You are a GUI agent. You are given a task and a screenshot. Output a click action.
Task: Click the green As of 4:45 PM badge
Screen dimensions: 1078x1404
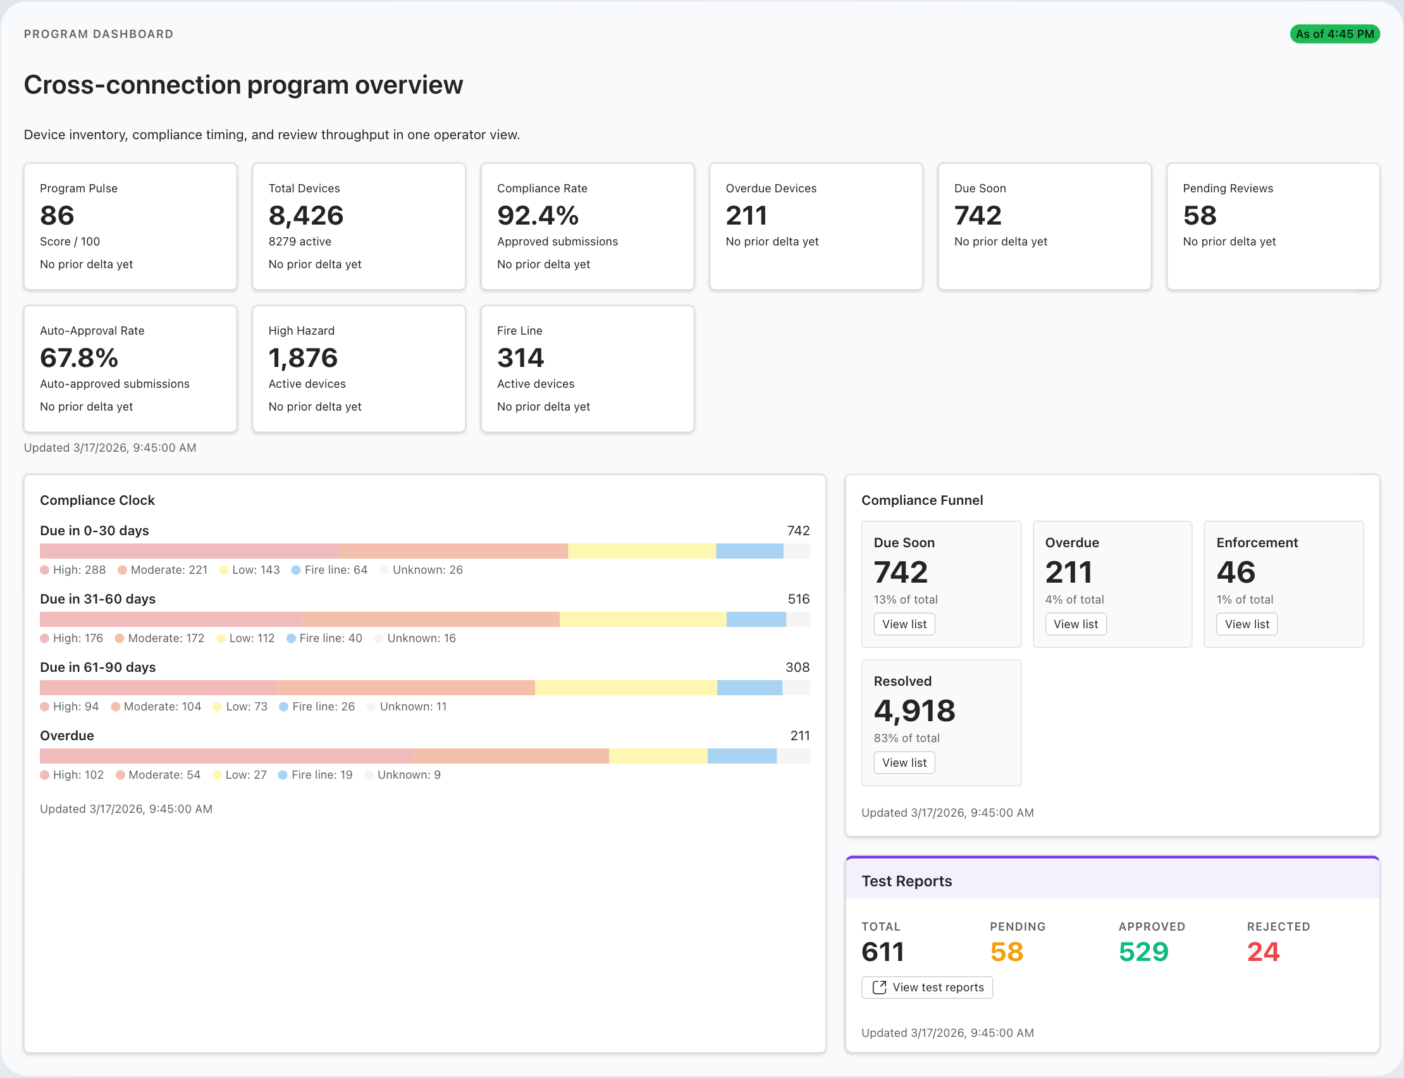[1334, 34]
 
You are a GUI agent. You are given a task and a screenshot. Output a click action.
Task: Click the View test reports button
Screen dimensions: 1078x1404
[927, 988]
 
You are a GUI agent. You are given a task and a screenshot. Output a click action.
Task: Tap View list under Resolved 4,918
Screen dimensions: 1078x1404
[904, 763]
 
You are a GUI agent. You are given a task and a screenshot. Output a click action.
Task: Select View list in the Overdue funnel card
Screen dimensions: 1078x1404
[1075, 624]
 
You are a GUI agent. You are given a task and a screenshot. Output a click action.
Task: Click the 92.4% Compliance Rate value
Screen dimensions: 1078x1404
[538, 216]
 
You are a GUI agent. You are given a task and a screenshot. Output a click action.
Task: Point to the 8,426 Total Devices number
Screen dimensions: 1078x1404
[306, 216]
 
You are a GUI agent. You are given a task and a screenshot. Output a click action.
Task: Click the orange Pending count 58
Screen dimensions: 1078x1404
[1006, 951]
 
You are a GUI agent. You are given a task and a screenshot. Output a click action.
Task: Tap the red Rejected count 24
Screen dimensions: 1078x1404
[1262, 951]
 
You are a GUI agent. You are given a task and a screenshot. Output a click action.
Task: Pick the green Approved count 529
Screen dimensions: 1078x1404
[1143, 951]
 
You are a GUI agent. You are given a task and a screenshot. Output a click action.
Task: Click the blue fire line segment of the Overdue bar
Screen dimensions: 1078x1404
[741, 756]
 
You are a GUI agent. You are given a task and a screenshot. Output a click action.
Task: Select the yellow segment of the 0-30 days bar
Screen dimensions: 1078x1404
[641, 551]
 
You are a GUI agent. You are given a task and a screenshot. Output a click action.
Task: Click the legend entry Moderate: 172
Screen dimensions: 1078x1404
[160, 638]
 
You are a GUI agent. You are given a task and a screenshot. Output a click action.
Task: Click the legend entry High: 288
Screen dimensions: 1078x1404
[73, 570]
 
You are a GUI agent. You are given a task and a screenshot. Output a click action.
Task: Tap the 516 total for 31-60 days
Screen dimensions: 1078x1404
[798, 599]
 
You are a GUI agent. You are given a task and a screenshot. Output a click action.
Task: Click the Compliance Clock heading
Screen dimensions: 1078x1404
[97, 500]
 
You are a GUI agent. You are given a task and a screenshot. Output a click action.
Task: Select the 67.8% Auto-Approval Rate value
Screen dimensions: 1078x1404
[79, 358]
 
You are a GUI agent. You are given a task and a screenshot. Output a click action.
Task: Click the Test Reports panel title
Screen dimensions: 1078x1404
[906, 881]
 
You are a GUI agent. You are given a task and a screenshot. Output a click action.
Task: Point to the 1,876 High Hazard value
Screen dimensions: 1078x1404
[303, 358]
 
